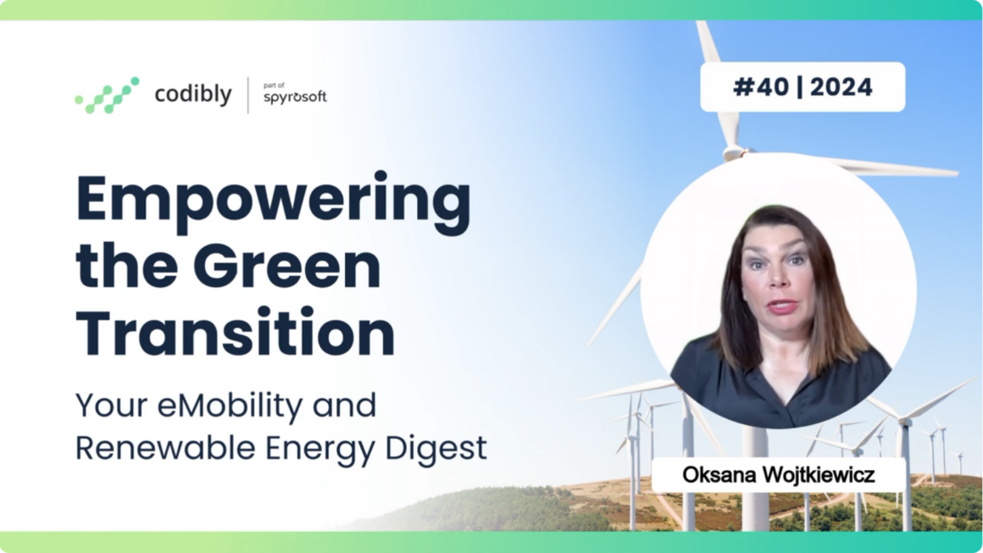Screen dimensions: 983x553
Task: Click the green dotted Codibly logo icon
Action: [108, 95]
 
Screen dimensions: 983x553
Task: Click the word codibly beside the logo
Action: [193, 95]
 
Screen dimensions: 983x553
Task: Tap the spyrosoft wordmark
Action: [295, 97]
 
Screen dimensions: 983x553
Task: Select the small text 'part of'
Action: [274, 86]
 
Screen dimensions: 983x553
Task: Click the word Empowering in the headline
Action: [274, 203]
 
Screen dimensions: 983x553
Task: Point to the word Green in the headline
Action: [292, 266]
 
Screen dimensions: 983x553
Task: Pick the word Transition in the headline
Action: [235, 332]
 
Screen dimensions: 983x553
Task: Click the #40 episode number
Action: [761, 87]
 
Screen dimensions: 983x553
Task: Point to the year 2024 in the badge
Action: [841, 87]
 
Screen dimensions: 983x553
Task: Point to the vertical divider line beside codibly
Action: [248, 95]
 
